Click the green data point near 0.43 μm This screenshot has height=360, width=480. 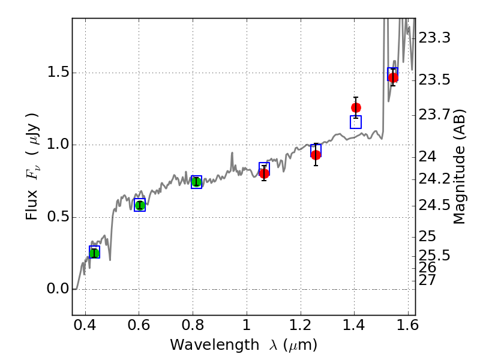click(94, 253)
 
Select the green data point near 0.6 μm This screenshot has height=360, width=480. click(140, 205)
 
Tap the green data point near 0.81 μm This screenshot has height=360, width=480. click(196, 182)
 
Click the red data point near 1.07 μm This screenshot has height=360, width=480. click(264, 173)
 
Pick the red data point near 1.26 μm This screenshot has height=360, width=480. click(316, 155)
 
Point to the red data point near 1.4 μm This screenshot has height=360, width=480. click(356, 107)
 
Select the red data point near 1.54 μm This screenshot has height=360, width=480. click(393, 77)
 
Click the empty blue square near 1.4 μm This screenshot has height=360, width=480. click(356, 122)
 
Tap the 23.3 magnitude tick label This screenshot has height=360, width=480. click(434, 38)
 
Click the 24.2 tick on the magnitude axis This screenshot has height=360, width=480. click(434, 179)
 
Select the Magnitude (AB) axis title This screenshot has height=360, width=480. click(460, 166)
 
